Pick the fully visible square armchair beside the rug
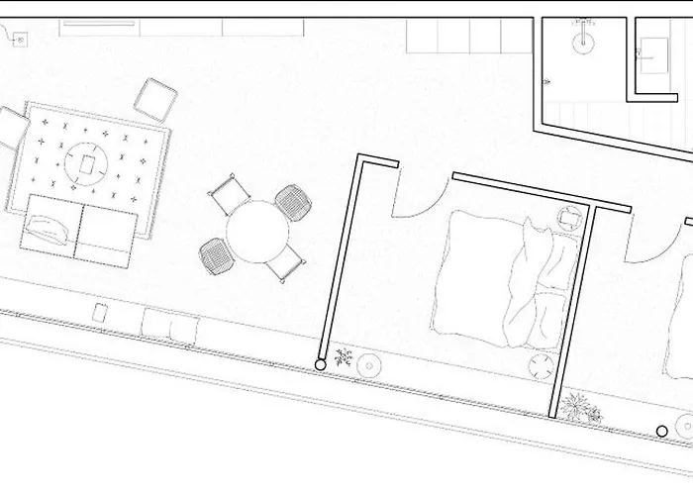(155, 99)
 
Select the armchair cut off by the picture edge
(12, 127)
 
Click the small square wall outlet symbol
(19, 41)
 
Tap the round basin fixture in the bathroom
(582, 41)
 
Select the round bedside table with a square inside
(569, 218)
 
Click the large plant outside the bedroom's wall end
(576, 407)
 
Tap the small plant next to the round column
(344, 357)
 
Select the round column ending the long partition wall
(321, 365)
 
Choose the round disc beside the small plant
(369, 365)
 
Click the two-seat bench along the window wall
(170, 326)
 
